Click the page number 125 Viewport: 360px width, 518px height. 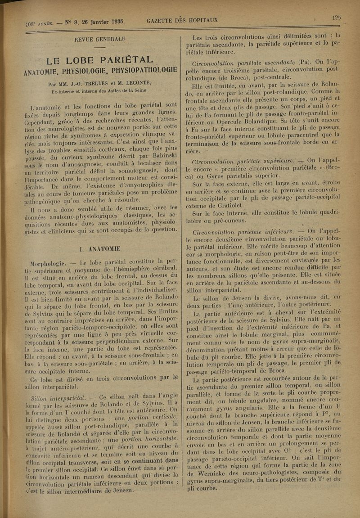[x=336, y=18]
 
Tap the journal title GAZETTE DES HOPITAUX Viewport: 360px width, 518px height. [x=182, y=20]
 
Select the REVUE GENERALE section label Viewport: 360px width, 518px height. [x=100, y=39]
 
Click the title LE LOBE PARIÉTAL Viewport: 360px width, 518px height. [x=100, y=60]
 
